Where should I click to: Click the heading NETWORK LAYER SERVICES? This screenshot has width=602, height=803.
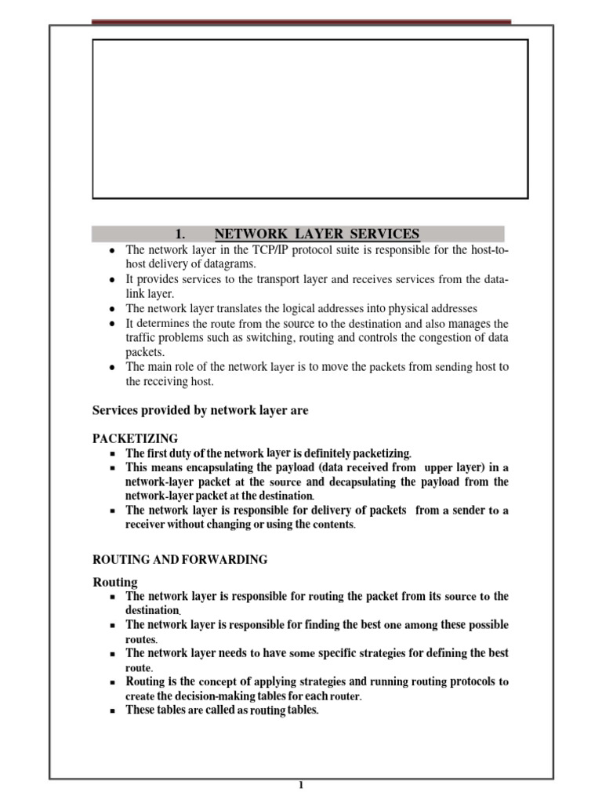pos(317,234)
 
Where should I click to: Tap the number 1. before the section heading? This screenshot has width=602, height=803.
pos(180,234)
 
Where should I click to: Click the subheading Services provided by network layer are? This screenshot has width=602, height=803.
pos(201,410)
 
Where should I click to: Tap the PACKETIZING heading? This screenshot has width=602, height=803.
pos(136,438)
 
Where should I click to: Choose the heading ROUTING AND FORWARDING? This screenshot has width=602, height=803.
pos(180,559)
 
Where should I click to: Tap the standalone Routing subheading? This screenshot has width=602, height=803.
pos(115,582)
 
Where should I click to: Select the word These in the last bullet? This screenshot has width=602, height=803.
pos(143,710)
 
